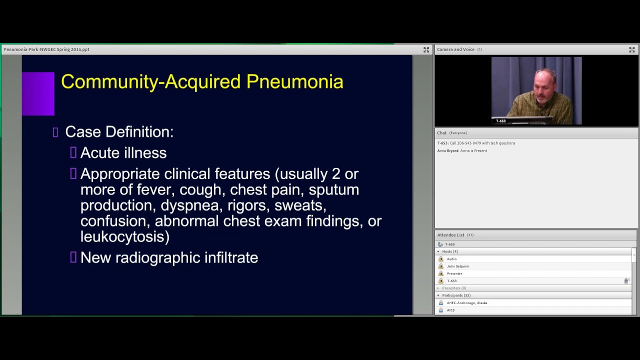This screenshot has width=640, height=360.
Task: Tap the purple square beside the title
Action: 38,93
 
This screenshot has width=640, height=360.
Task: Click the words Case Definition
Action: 119,132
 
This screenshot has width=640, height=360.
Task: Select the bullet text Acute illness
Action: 123,153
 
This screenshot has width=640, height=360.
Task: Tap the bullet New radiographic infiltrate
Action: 169,257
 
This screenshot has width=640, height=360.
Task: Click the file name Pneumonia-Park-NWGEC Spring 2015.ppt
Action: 46,49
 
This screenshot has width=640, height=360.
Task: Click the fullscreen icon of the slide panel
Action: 426,49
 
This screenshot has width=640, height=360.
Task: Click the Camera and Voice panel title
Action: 455,49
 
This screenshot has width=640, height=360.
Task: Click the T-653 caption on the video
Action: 500,121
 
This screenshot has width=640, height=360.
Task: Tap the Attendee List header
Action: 450,235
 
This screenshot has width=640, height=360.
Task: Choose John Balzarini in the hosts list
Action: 458,266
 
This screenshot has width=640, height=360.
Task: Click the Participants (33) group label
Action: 456,295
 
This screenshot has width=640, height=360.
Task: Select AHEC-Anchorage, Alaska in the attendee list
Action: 467,303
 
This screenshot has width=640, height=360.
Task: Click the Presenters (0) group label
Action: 454,288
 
